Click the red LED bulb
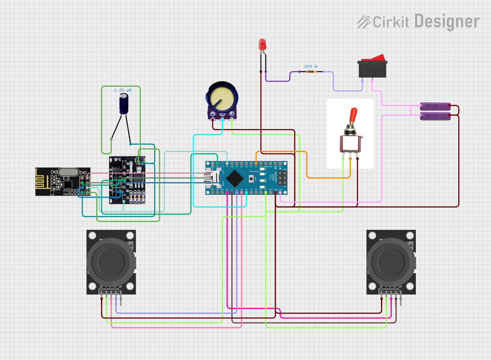[x=262, y=44]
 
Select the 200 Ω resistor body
[x=311, y=72]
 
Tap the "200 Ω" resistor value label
[x=311, y=66]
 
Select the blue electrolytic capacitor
[x=124, y=104]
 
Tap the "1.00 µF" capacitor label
[x=123, y=90]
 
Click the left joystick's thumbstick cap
[x=111, y=262]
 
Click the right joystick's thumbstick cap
[x=391, y=262]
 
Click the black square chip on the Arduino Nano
[x=235, y=178]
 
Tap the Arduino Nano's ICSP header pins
[x=282, y=178]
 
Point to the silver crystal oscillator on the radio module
[x=68, y=172]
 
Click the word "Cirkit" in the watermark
[x=391, y=22]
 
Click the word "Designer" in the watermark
[x=447, y=22]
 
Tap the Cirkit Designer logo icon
[x=364, y=22]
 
